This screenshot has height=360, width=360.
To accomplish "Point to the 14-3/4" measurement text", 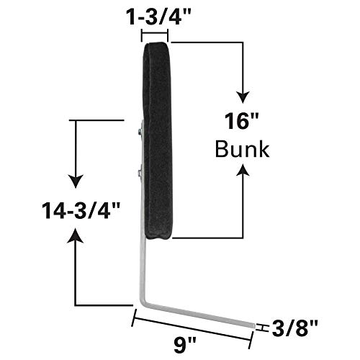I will pyautogui.click(x=71, y=211).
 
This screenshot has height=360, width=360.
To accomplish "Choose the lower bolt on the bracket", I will pyautogui.click(x=138, y=172).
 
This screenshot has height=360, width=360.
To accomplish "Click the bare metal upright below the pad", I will pyautogui.click(x=147, y=270).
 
